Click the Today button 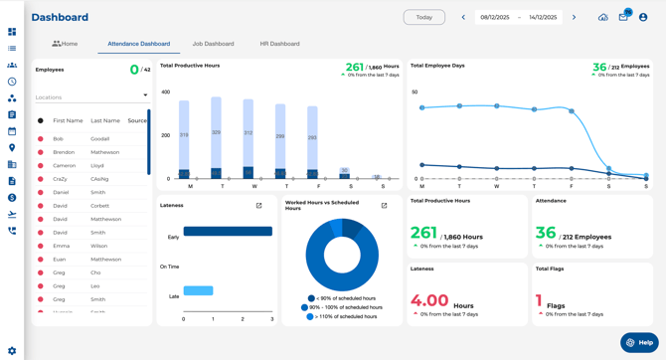point(423,17)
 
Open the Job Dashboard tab point(213,44)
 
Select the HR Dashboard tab point(279,44)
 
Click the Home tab point(65,44)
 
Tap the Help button point(639,342)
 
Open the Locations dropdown point(91,97)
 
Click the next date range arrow point(574,17)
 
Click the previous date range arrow point(463,17)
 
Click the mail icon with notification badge point(623,17)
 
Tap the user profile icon point(643,17)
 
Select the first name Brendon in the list point(65,152)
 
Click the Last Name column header point(105,120)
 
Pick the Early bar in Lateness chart point(228,232)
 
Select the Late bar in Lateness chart point(198,290)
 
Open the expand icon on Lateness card point(259,206)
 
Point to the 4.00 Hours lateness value point(430,300)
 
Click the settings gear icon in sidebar point(12,350)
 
